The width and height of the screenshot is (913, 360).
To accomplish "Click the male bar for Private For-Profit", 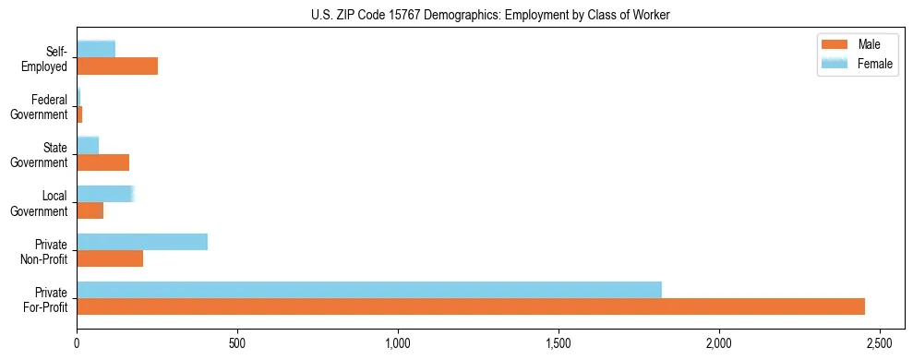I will coord(471,306).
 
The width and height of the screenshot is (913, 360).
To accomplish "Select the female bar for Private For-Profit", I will coord(369,289).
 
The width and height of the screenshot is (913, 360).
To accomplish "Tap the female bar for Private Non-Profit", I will coord(142,242).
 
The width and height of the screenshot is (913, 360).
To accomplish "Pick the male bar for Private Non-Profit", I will coord(110,258).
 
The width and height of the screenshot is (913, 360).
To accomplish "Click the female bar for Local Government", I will coord(105,194).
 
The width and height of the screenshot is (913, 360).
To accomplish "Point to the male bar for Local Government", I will coord(90,210).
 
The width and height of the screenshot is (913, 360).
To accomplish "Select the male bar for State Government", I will coord(103,162).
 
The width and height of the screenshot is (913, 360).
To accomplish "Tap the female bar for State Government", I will coord(88,145).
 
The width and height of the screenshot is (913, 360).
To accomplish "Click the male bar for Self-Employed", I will coord(117,66).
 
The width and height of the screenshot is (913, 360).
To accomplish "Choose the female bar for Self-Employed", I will coord(96,49).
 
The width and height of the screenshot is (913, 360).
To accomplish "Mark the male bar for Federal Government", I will coord(80,114).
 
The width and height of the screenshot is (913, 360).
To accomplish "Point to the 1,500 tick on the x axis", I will coord(559,341).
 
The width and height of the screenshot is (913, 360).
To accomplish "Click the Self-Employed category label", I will coord(45,58).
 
